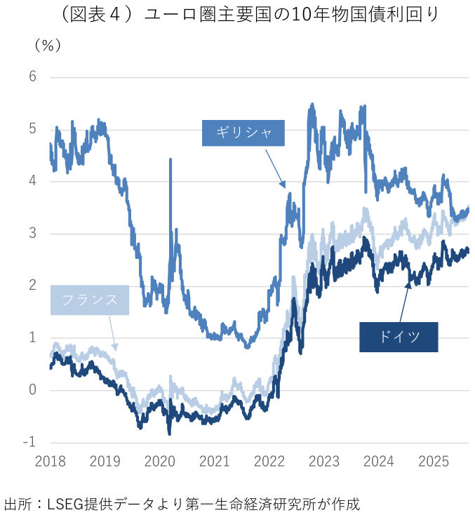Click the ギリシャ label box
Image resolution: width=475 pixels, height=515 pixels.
[243, 133]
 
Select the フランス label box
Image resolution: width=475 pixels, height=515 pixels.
[90, 300]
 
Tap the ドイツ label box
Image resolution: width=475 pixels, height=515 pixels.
[399, 337]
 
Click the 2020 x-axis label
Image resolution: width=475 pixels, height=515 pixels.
[159, 461]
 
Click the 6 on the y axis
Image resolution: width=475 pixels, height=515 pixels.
[32, 76]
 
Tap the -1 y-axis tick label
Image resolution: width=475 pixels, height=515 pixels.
[29, 443]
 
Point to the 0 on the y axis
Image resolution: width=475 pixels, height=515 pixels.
[32, 390]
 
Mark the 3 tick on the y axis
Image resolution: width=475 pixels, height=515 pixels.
[32, 234]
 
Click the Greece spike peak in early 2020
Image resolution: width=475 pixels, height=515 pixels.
[170, 160]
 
